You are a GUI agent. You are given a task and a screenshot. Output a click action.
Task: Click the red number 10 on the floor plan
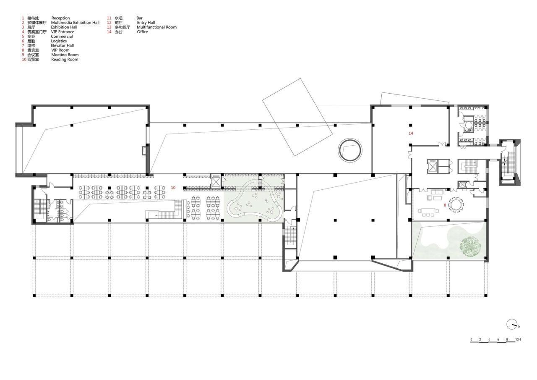point(173,187)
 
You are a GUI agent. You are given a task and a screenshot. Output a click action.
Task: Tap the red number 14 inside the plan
point(411,133)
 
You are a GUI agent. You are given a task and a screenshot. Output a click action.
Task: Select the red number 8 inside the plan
point(445,205)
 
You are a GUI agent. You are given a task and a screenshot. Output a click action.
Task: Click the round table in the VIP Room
point(456,204)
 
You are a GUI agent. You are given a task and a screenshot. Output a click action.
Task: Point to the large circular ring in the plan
point(350,150)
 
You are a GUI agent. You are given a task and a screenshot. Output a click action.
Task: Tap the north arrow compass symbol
point(512,324)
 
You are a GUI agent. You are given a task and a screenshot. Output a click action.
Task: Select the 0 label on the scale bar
point(471,339)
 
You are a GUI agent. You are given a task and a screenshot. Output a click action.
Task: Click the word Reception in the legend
point(60,18)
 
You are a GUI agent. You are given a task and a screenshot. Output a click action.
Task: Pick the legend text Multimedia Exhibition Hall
point(75,23)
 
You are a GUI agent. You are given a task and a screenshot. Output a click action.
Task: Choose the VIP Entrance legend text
point(63,32)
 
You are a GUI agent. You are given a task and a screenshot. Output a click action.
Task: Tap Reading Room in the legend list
point(65,60)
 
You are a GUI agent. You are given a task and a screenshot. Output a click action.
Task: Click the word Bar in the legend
point(140,18)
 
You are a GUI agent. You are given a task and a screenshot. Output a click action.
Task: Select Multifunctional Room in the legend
point(156,27)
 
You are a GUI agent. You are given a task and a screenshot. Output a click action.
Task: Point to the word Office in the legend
point(142,32)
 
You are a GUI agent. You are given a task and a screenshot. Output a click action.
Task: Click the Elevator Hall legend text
point(63,45)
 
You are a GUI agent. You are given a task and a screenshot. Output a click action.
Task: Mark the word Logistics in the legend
point(59,41)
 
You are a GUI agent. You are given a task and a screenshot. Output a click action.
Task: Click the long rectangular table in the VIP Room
point(428,210)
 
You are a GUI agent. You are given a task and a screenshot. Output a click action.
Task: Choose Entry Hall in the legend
point(146,23)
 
